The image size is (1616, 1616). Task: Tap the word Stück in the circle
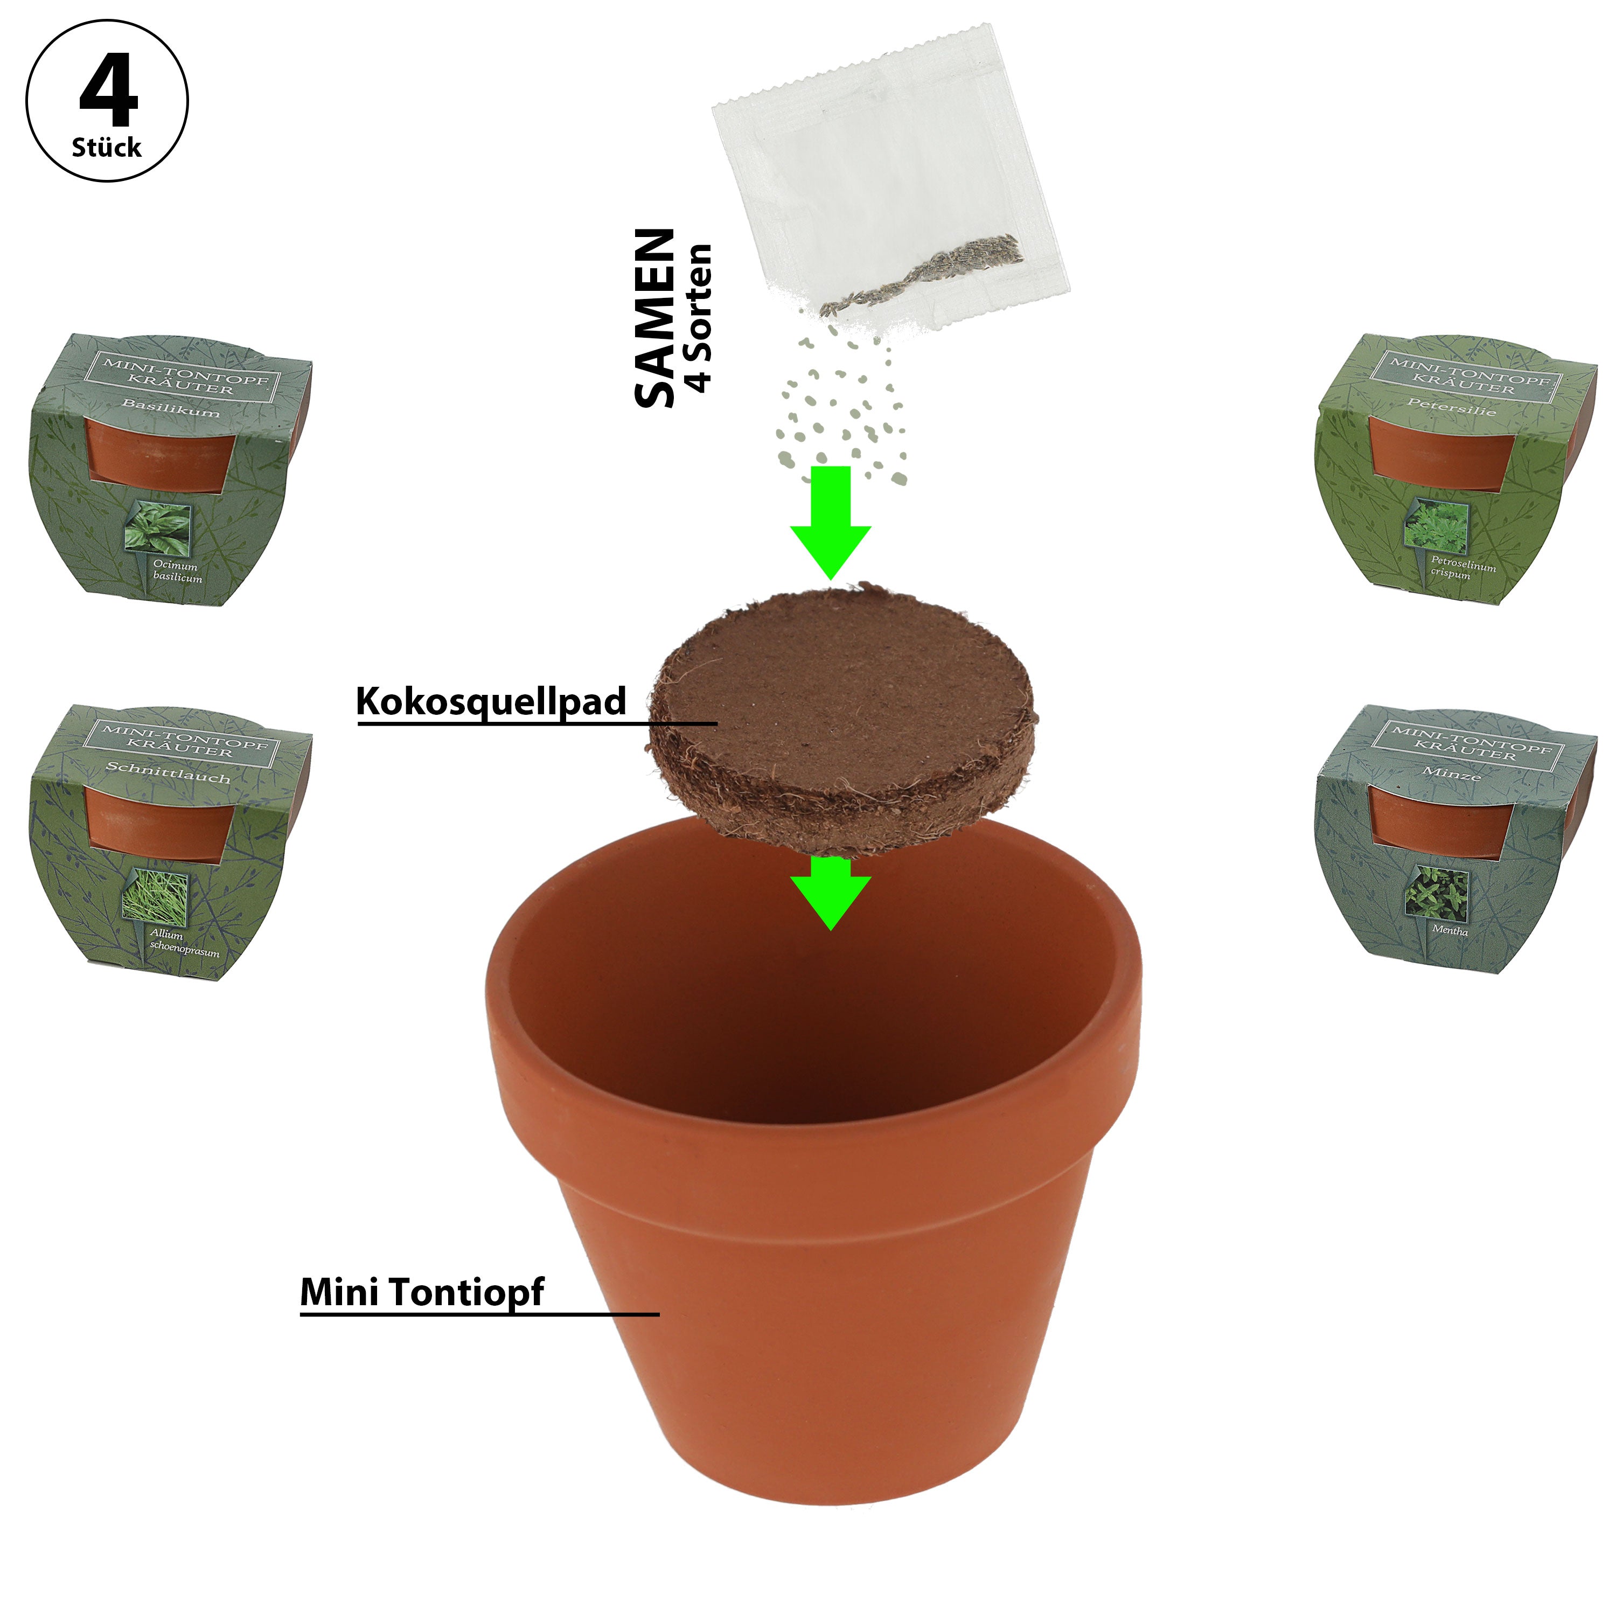[x=106, y=148]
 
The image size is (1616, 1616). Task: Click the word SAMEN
[x=655, y=318]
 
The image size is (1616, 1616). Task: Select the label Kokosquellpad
[x=491, y=701]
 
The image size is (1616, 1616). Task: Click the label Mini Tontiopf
[x=422, y=1292]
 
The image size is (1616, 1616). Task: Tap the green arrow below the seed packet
[x=831, y=522]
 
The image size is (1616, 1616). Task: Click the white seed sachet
[x=891, y=176]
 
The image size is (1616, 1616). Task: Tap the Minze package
[x=1455, y=839]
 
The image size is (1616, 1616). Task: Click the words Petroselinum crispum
[x=1462, y=567]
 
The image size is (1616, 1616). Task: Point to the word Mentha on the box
[x=1450, y=929]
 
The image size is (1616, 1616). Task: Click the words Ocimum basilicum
[x=177, y=572]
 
